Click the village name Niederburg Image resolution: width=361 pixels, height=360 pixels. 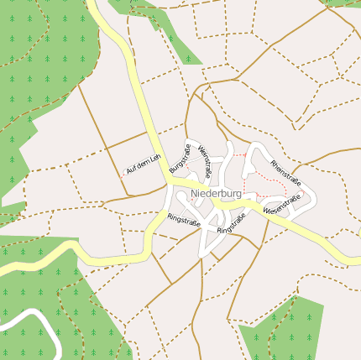tap(216, 194)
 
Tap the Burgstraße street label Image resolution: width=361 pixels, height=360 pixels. tap(180, 159)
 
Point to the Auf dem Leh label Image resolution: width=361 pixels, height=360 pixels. tap(142, 165)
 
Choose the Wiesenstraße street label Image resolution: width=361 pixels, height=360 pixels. tap(281, 205)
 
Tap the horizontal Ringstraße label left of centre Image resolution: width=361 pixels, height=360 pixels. tap(184, 220)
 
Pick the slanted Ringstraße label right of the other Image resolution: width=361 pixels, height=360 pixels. tap(231, 224)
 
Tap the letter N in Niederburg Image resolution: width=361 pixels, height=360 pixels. tap(195, 194)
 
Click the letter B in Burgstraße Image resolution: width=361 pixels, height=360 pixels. tap(173, 170)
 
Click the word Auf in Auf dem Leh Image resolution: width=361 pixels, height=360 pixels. tap(129, 172)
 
